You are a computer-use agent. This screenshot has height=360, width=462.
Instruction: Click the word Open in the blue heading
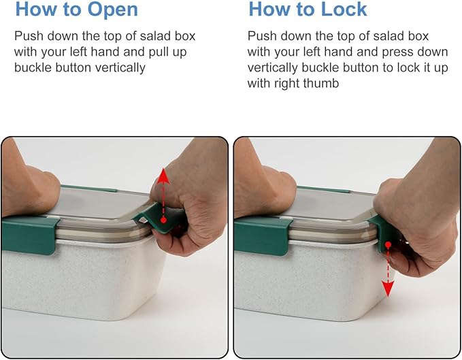(x=113, y=10)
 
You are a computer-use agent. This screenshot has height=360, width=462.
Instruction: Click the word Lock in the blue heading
(x=344, y=10)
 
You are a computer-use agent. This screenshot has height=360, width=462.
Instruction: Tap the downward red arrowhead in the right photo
(x=388, y=289)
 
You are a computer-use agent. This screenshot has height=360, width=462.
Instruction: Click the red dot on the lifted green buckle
(x=164, y=220)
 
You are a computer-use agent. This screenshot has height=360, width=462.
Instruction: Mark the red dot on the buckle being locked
(x=388, y=244)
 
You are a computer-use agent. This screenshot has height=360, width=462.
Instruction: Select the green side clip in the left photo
(x=29, y=235)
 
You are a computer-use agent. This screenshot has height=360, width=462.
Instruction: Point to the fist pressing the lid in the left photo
(x=28, y=186)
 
